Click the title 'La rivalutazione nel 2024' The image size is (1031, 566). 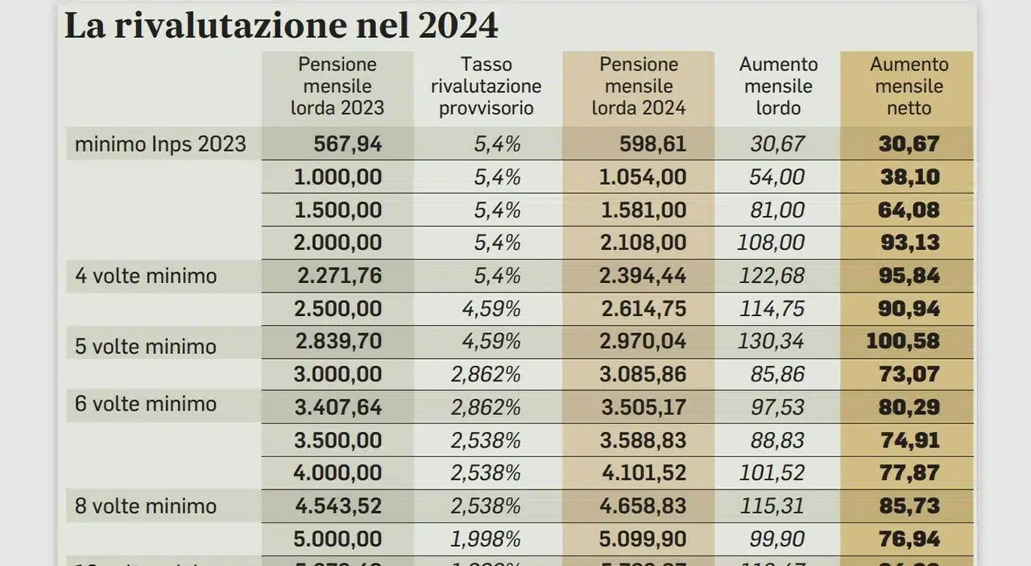tap(281, 26)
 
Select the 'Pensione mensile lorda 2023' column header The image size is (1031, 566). tap(337, 86)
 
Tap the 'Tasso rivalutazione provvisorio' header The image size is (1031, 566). tap(487, 86)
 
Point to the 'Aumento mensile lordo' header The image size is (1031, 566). tap(778, 86)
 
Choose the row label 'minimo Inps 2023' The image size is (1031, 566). tap(160, 144)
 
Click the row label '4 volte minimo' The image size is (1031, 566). tap(146, 276)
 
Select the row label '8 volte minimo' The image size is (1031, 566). tap(146, 506)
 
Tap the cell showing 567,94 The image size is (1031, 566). tap(348, 144)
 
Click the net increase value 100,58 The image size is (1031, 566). tap(903, 341)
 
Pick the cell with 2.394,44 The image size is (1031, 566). tap(642, 276)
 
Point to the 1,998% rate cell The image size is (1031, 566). tap(486, 539)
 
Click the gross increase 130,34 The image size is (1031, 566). tap(771, 341)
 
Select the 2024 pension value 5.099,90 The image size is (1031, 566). tap(642, 539)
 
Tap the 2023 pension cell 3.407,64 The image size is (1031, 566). tap(338, 407)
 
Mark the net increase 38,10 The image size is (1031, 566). tap(910, 177)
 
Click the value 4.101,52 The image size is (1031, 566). tap(642, 473)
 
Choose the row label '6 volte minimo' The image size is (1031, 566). tap(146, 403)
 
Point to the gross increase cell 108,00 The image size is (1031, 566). tap(771, 243)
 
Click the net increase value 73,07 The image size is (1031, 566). tap(910, 374)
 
